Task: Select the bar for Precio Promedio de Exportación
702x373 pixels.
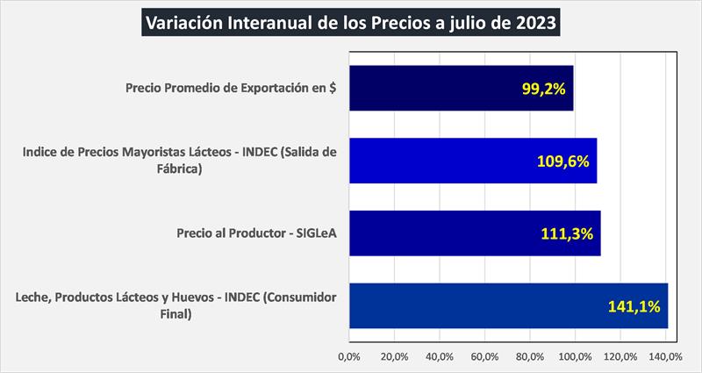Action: [x=461, y=88]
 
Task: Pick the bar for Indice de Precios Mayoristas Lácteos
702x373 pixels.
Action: [x=472, y=161]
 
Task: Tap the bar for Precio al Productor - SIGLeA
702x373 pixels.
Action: [x=474, y=233]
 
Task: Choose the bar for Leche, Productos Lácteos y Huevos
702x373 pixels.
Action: [x=508, y=306]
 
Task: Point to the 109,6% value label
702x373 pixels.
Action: [x=562, y=161]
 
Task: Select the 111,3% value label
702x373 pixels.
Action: [x=569, y=233]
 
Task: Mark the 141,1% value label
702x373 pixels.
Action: [x=634, y=306]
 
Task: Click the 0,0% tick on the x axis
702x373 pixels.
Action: [x=349, y=357]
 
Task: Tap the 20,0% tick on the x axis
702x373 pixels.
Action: [x=394, y=357]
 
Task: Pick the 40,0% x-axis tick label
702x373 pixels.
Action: [x=439, y=357]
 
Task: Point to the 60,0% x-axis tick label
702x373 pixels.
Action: [x=484, y=357]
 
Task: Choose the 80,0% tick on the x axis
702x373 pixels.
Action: [x=529, y=357]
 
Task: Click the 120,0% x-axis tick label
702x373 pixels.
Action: [x=620, y=357]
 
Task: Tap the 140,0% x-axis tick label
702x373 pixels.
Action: [x=664, y=357]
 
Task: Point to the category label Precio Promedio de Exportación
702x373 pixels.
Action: [x=232, y=88]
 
